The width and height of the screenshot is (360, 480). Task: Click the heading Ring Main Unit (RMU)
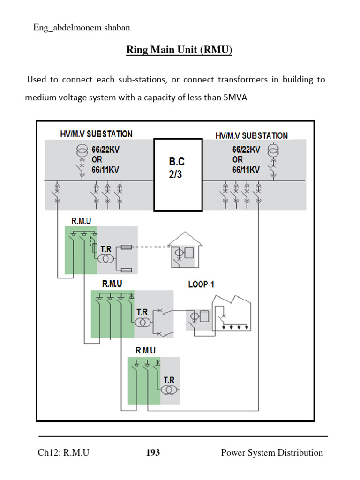[179, 50]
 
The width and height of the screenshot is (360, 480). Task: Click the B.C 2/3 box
[178, 175]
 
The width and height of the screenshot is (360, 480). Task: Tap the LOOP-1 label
[201, 284]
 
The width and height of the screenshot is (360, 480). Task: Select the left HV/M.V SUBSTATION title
[96, 134]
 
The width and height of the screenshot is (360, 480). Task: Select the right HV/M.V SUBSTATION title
[252, 135]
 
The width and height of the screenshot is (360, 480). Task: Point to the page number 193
[153, 453]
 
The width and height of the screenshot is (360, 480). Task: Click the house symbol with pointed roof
[184, 251]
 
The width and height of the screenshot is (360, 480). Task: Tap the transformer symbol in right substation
[271, 151]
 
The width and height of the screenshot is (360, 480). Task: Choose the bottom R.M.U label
[145, 350]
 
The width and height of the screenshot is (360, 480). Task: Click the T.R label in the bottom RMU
[169, 381]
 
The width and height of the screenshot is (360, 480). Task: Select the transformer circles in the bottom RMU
[167, 390]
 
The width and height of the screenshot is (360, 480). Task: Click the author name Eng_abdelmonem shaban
[82, 28]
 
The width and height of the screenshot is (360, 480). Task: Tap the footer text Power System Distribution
[272, 453]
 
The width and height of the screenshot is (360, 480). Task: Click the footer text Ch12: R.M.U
[64, 453]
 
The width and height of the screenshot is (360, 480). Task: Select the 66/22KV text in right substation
[246, 150]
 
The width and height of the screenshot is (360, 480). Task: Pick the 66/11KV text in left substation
[105, 170]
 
